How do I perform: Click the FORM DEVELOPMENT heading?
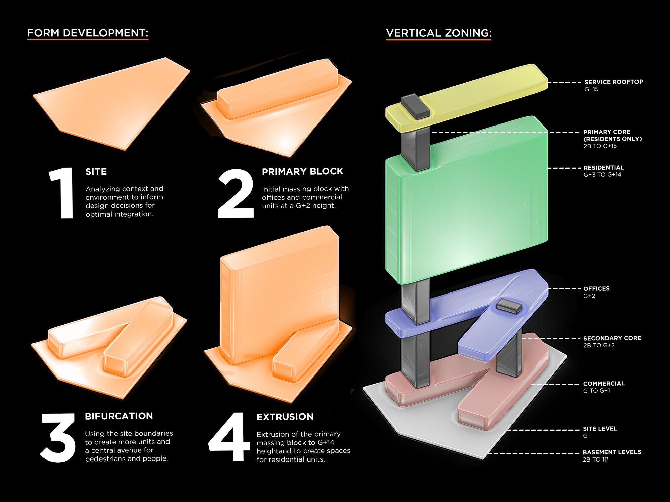[x=87, y=33]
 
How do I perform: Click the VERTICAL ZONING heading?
[x=439, y=33]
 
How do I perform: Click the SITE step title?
[x=96, y=172]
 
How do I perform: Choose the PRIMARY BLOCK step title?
[x=303, y=171]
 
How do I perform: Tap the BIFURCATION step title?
[x=119, y=416]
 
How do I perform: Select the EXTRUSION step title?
[x=285, y=417]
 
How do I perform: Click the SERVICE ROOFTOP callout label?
[x=614, y=82]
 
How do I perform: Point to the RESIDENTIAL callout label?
[x=604, y=168]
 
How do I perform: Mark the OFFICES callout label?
[x=596, y=288]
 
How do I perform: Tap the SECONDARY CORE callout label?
[x=612, y=338]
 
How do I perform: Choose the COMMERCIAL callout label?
[x=604, y=384]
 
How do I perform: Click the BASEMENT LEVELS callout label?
[x=612, y=452]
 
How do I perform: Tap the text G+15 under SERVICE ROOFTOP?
[x=591, y=89]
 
